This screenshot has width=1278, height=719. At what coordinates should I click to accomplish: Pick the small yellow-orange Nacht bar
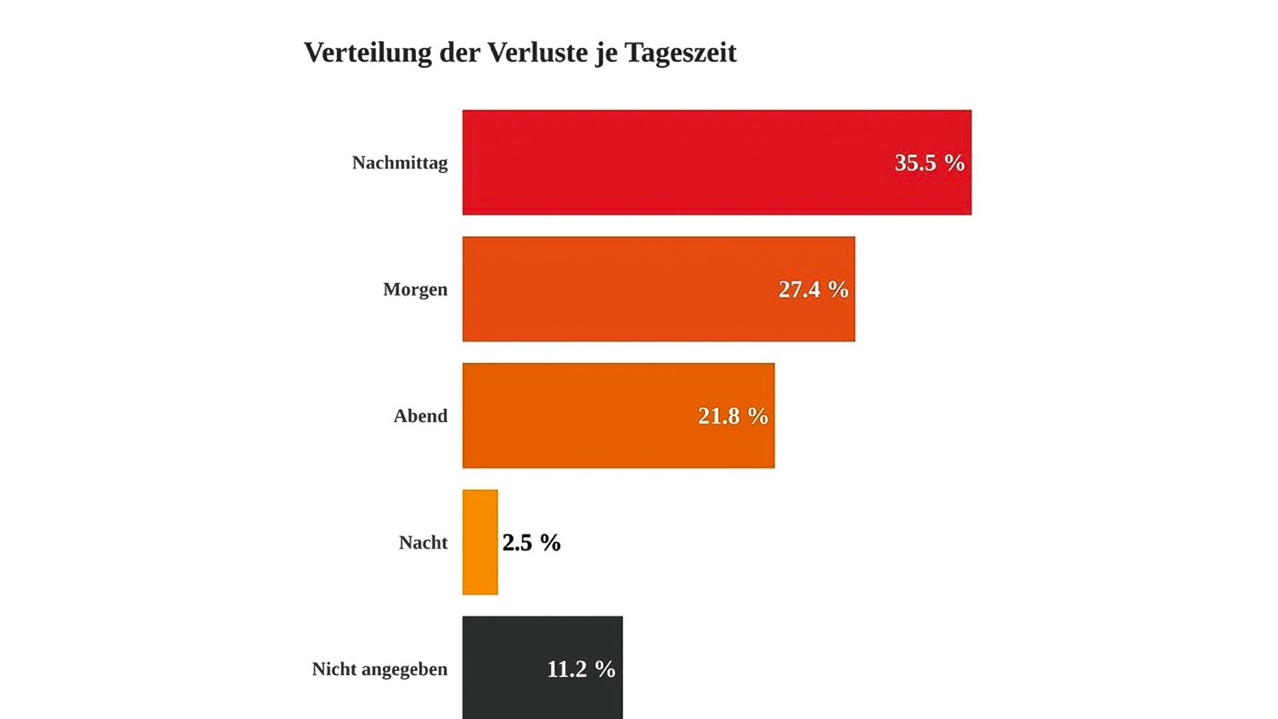[480, 542]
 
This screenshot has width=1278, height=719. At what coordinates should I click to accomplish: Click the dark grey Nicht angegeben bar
[506, 668]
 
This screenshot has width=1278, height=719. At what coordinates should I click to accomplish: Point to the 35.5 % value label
[929, 162]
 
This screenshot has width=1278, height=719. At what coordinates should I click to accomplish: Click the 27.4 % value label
[813, 289]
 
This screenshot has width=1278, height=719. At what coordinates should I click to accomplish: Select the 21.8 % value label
[733, 415]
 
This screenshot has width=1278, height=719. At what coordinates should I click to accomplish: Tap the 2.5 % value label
[531, 542]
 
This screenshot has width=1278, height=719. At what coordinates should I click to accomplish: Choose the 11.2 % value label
[581, 668]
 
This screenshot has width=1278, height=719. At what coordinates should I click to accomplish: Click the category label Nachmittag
[399, 162]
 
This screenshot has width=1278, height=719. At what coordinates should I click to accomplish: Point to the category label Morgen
[415, 290]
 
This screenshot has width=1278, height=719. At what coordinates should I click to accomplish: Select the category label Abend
[420, 415]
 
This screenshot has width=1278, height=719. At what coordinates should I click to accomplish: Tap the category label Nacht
[423, 542]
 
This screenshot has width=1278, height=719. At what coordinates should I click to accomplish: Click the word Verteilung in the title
[367, 52]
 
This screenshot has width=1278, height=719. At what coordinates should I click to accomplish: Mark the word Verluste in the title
[538, 52]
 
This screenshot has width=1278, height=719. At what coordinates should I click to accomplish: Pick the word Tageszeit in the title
[680, 53]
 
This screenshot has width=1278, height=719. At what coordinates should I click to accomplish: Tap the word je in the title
[606, 53]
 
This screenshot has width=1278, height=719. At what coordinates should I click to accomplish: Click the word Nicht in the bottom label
[334, 668]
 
